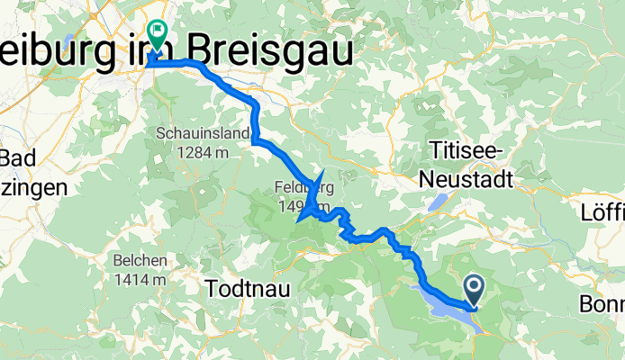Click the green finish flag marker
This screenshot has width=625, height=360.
point(157,35)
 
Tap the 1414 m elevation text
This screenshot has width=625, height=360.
point(140,279)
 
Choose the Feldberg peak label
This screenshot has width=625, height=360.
point(301,189)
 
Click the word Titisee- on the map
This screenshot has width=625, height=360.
point(466,148)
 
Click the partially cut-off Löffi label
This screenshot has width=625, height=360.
point(609,213)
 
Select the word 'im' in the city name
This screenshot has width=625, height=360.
point(144,55)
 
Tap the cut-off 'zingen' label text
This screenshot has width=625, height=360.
point(32,189)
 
